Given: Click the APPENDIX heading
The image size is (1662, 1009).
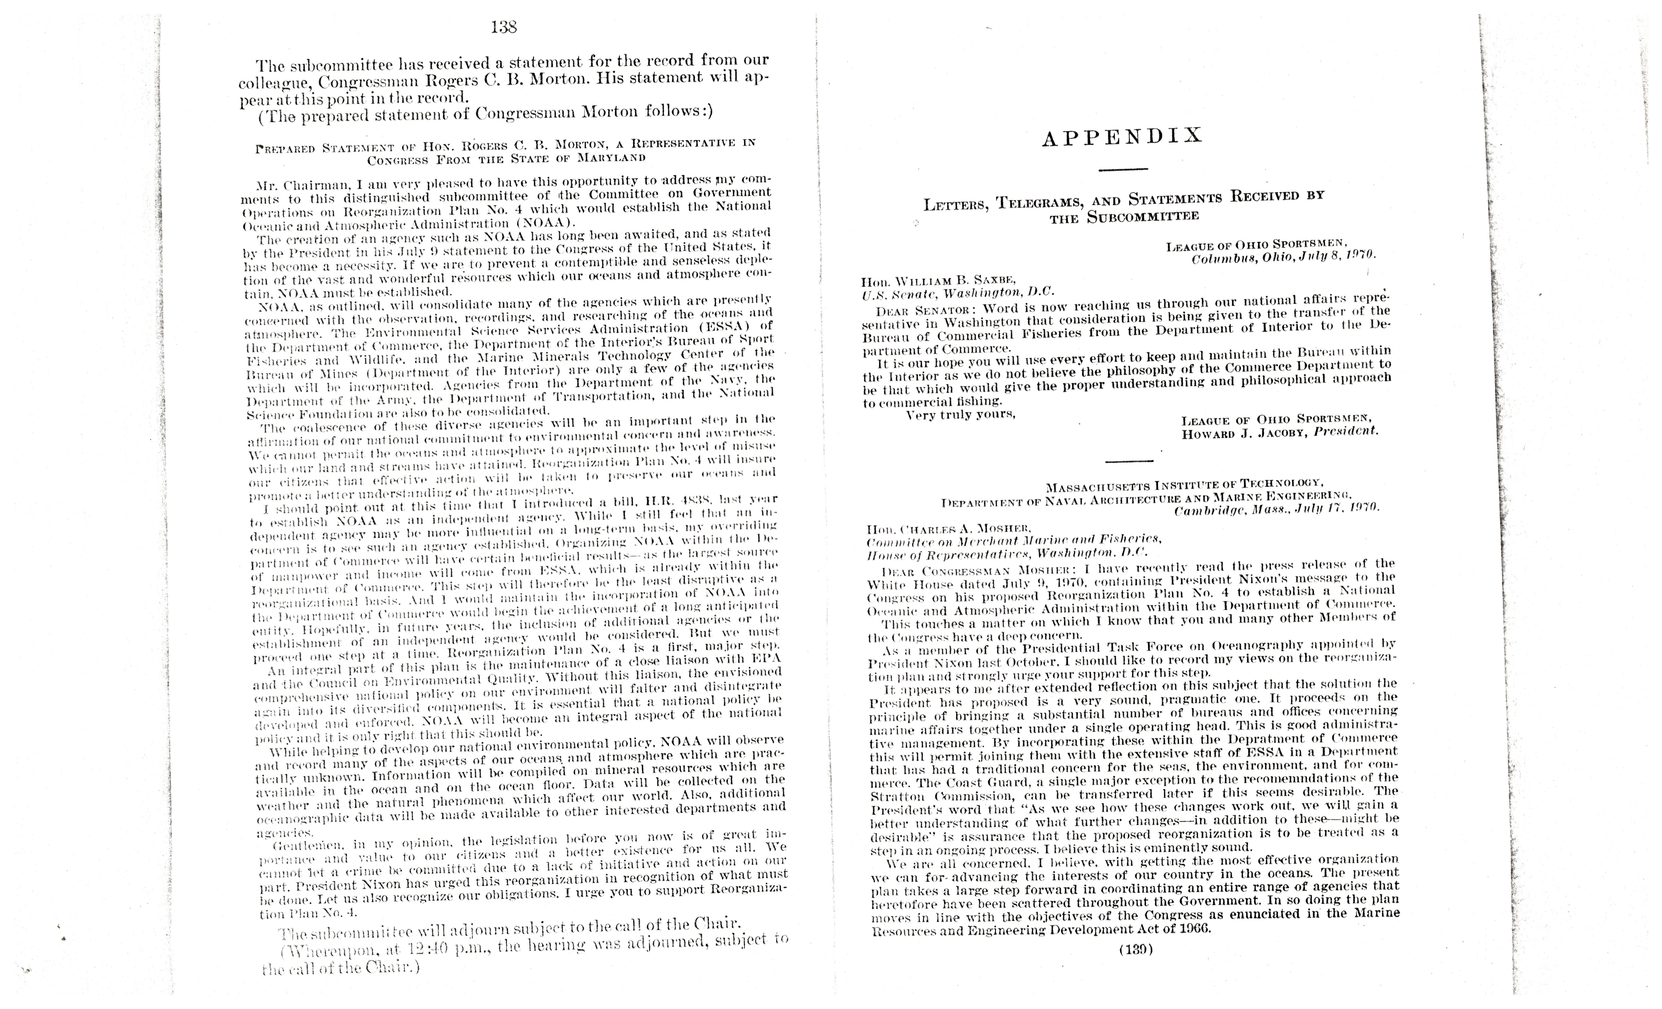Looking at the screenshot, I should point(1122,137).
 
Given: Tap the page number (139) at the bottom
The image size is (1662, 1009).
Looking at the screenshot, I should point(1136,950).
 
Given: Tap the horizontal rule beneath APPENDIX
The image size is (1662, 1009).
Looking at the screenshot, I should point(1123,169).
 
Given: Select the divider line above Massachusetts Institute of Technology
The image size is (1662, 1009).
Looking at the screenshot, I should point(1130,461).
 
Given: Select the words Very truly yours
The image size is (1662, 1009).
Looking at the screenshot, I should point(961,415).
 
